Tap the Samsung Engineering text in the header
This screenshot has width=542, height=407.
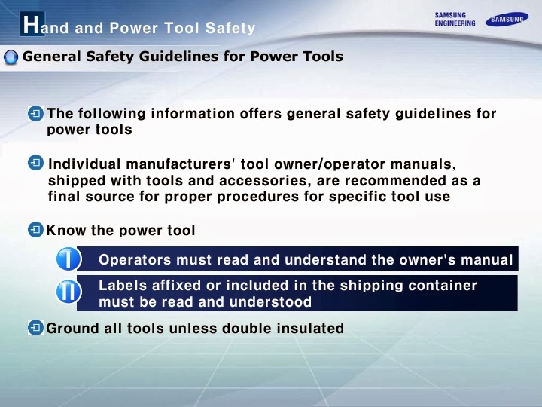click(x=455, y=19)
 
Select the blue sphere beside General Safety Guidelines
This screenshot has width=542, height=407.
click(x=11, y=58)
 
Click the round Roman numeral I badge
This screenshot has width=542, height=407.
click(x=69, y=259)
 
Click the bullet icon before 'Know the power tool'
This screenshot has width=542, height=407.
click(x=35, y=230)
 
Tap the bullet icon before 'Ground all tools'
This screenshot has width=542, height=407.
click(x=35, y=328)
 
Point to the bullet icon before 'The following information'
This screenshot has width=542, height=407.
click(x=35, y=114)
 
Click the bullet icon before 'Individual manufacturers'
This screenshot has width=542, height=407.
click(x=35, y=164)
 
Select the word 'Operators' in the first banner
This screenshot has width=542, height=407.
click(x=134, y=260)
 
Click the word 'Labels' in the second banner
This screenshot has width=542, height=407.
click(x=120, y=286)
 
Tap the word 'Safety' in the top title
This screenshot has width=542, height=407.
click(x=230, y=29)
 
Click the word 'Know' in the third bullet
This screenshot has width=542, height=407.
click(x=63, y=230)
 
